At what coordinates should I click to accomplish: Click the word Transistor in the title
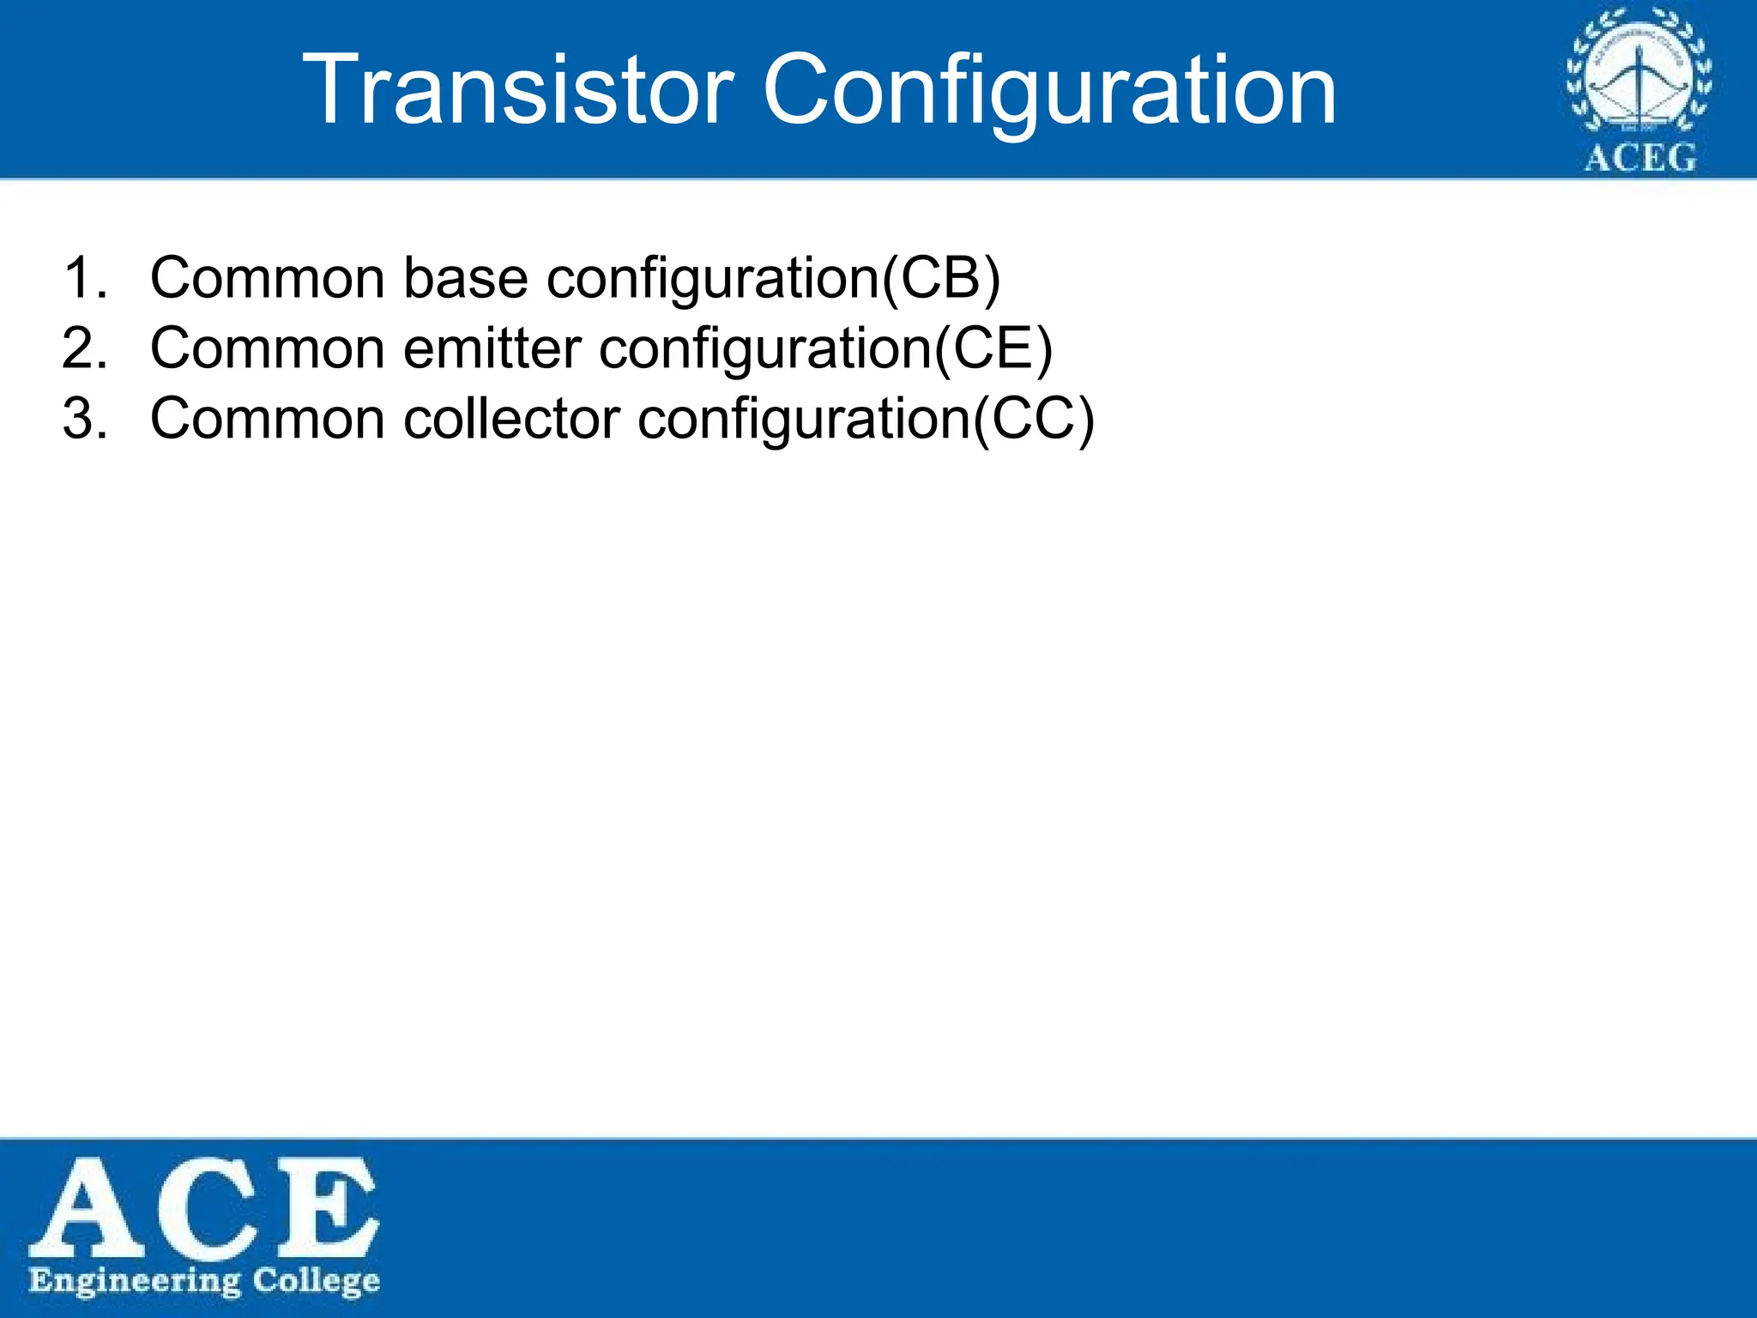[x=518, y=89]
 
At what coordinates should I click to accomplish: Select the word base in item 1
[x=465, y=278]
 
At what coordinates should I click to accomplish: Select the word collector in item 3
[x=511, y=419]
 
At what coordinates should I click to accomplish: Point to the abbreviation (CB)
[x=942, y=278]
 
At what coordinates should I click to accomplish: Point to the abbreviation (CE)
[x=993, y=348]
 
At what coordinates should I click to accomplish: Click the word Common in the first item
[x=267, y=278]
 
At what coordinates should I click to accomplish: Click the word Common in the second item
[x=267, y=348]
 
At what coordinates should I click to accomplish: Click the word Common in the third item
[x=267, y=419]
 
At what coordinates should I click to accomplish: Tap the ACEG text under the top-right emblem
[x=1639, y=159]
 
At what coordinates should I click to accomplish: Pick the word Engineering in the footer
[x=135, y=1282]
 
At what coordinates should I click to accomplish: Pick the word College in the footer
[x=316, y=1282]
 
